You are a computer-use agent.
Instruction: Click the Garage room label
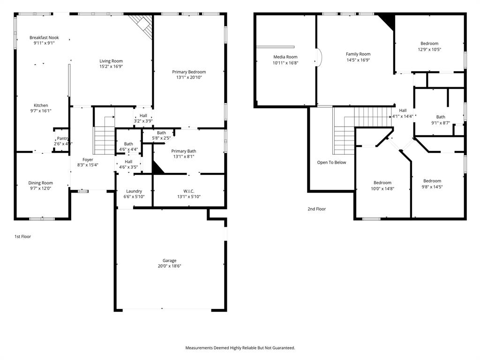click(x=170, y=261)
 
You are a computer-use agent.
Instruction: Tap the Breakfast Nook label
click(x=44, y=37)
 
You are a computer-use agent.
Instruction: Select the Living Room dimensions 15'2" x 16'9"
click(x=111, y=67)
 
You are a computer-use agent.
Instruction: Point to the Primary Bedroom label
click(x=189, y=72)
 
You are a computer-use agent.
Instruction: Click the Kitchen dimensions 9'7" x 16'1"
click(x=41, y=111)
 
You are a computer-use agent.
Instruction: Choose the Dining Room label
click(x=41, y=183)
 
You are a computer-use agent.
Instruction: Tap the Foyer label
click(x=88, y=159)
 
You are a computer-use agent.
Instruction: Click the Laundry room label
click(x=134, y=191)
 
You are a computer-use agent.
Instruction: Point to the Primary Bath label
click(x=184, y=151)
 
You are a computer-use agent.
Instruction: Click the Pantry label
click(x=62, y=138)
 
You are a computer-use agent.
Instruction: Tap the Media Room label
click(x=285, y=57)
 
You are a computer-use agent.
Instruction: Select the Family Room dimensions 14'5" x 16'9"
click(x=358, y=60)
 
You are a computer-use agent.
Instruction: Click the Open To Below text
click(x=331, y=163)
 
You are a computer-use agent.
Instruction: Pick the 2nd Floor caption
click(x=316, y=209)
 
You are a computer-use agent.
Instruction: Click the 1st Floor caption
click(x=22, y=237)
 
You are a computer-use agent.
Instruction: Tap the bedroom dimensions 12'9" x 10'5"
click(x=429, y=49)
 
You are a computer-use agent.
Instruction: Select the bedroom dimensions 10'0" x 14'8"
click(x=382, y=188)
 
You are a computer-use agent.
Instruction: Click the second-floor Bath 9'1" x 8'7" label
click(x=441, y=117)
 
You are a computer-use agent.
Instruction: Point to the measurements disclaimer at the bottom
click(x=240, y=348)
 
